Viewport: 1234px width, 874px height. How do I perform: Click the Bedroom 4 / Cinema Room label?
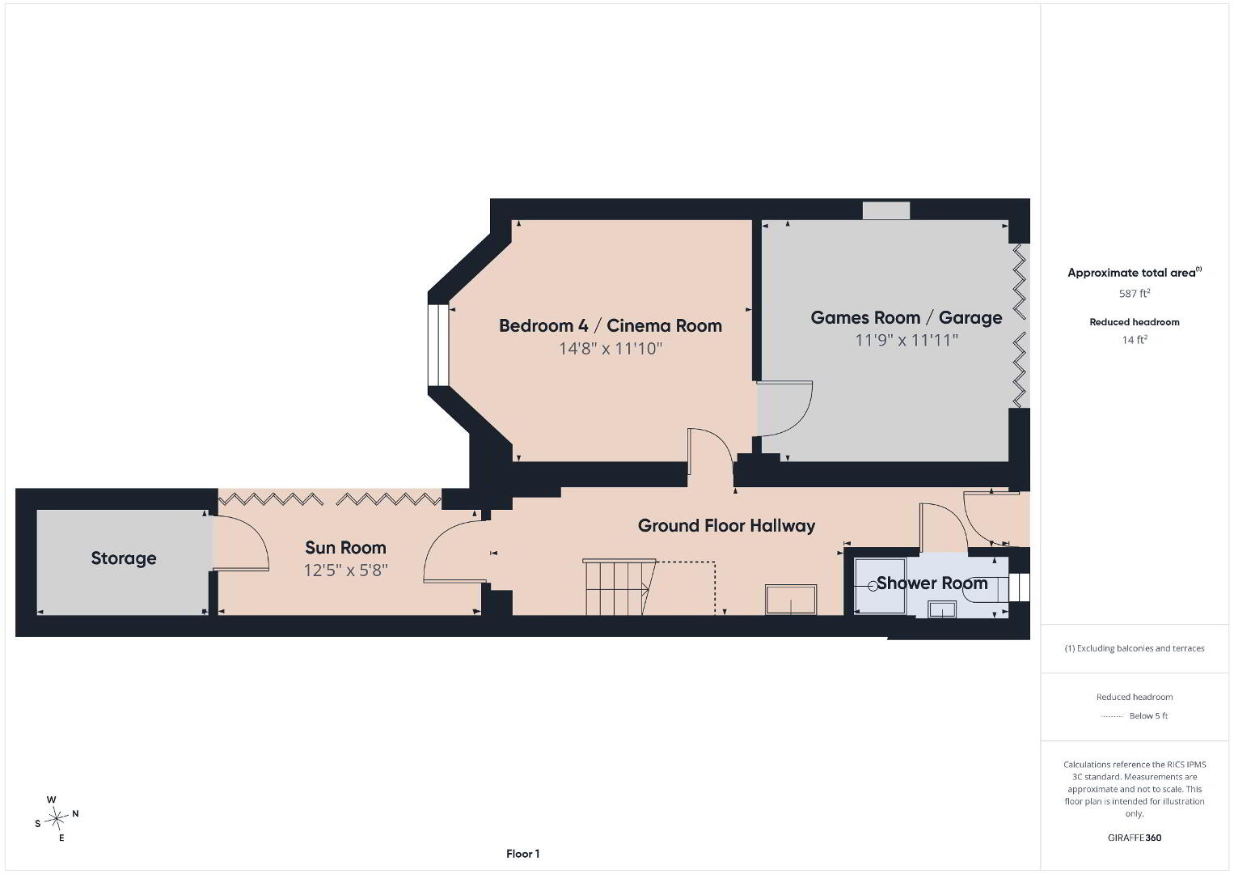611,326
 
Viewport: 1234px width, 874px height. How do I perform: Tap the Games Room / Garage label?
906,317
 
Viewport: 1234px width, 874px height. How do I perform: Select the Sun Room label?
345,548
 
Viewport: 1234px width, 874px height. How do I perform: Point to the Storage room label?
124,558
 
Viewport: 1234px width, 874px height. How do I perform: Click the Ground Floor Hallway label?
727,525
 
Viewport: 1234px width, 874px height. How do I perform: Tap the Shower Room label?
932,583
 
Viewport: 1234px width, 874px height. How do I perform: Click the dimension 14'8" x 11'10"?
611,349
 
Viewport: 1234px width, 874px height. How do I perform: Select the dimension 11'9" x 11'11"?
906,340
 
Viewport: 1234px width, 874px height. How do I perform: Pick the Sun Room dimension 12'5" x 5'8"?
345,571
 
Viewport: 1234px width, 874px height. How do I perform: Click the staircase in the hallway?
619,587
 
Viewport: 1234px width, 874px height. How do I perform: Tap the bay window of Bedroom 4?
438,345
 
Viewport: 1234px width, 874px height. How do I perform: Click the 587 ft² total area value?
1135,293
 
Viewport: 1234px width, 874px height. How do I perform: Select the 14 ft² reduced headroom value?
1135,340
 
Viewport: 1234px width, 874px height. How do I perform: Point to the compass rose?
56,818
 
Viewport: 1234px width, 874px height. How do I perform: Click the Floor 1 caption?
523,854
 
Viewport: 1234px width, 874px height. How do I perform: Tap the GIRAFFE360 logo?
1135,838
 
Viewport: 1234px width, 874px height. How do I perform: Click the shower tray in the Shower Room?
879,586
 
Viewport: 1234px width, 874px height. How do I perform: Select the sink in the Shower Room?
941,609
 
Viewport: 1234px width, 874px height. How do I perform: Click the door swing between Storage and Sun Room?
241,543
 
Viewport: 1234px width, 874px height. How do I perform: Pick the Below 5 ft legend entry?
1135,715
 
